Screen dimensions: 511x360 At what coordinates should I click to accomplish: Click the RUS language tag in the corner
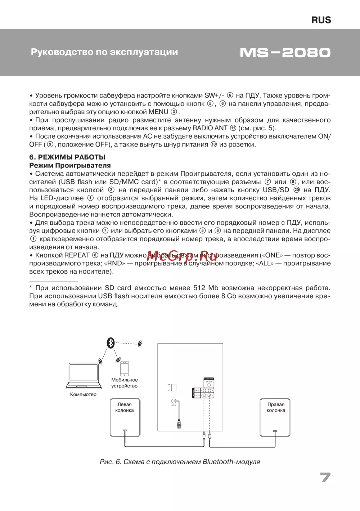(321, 20)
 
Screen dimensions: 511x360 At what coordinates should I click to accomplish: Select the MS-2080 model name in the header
(285, 53)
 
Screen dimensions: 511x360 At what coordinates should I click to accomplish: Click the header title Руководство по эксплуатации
(104, 52)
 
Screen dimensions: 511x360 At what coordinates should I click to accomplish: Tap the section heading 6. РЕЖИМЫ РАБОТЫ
(67, 157)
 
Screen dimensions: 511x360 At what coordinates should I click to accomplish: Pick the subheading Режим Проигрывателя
(70, 165)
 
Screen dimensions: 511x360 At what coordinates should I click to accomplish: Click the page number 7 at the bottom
(325, 477)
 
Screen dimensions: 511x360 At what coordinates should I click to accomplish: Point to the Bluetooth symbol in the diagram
(111, 343)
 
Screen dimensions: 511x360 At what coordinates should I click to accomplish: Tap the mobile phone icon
(125, 368)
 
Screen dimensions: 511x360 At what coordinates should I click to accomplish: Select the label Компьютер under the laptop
(83, 394)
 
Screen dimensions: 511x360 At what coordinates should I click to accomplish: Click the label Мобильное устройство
(125, 383)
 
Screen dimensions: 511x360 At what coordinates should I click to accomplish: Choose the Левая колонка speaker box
(125, 418)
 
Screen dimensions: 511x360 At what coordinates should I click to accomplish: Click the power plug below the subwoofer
(178, 425)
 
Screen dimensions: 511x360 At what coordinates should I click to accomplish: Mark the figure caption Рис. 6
(180, 462)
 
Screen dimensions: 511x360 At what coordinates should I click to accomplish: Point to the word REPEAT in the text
(77, 255)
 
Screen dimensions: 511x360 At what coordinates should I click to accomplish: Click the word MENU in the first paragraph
(158, 112)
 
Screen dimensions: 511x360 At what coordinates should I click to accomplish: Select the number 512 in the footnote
(199, 288)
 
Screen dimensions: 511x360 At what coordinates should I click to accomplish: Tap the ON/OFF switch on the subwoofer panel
(174, 387)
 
